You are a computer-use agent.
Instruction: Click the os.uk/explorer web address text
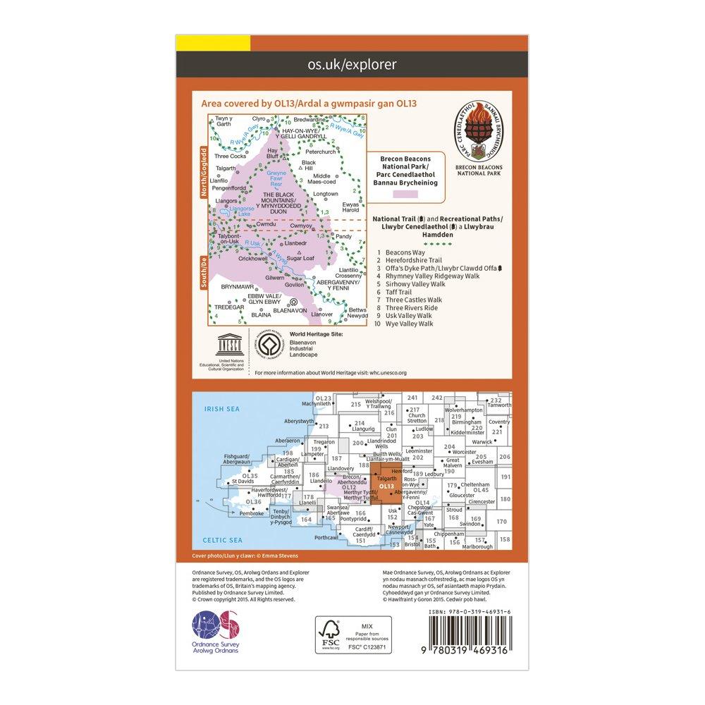[x=352, y=66]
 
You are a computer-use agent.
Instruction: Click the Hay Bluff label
[x=274, y=154]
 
